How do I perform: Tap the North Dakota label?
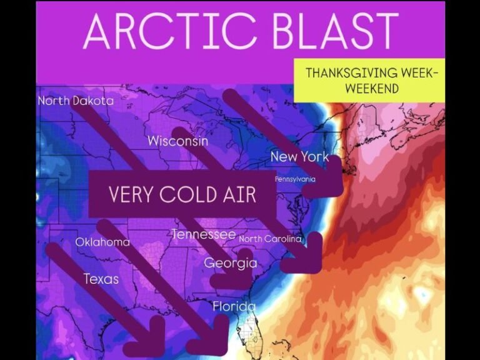(x=76, y=101)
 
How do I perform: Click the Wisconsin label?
(x=177, y=141)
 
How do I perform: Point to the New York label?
(x=299, y=156)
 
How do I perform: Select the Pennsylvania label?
(x=295, y=179)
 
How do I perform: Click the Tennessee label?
(x=203, y=234)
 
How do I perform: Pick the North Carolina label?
(x=270, y=239)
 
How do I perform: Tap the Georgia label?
(x=230, y=262)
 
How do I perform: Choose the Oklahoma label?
(x=102, y=242)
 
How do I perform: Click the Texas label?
(x=101, y=278)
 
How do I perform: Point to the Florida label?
(x=234, y=306)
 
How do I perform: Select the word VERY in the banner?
(x=131, y=194)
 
